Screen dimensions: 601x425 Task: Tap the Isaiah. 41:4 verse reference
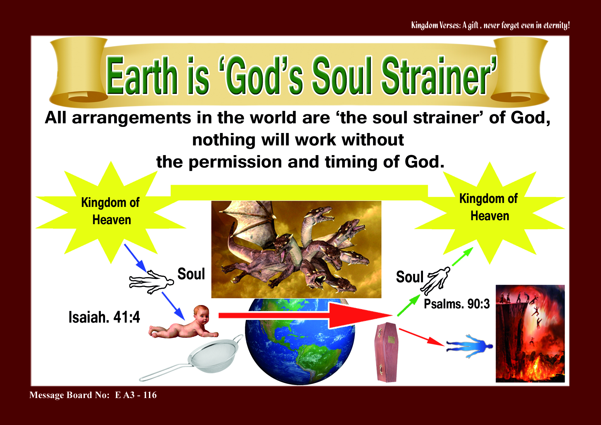[x=104, y=317]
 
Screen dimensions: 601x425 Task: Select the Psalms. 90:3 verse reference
[x=457, y=304]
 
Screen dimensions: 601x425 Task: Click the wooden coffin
[x=386, y=352]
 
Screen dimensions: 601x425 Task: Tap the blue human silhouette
[x=469, y=346]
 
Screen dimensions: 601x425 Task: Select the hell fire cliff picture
[x=530, y=334]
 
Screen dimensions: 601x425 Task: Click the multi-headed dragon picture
[x=296, y=249]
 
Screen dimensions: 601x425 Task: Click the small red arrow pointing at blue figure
[x=421, y=337]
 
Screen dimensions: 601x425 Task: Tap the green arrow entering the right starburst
[x=462, y=257]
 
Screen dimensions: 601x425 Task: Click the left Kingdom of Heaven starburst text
[x=111, y=211]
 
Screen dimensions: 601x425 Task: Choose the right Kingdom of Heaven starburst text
[x=489, y=207]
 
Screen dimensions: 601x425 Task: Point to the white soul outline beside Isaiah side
[x=151, y=282]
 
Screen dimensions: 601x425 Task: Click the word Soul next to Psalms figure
[x=410, y=277]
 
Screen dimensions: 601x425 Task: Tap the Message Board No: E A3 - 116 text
[x=93, y=395]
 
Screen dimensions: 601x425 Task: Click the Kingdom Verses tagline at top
[x=490, y=25]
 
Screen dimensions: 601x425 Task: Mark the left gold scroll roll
[x=79, y=70]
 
